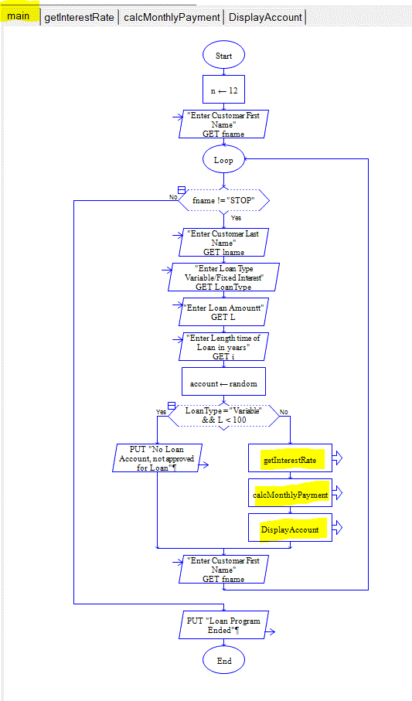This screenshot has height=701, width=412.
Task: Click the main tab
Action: pyautogui.click(x=20, y=16)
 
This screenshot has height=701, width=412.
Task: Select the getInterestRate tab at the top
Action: pyautogui.click(x=80, y=17)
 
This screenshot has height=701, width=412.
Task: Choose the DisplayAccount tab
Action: pyautogui.click(x=265, y=17)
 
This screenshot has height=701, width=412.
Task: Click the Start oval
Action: pyautogui.click(x=223, y=56)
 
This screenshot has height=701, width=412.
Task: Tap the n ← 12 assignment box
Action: pyautogui.click(x=223, y=90)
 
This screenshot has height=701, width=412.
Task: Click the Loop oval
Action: pyautogui.click(x=223, y=160)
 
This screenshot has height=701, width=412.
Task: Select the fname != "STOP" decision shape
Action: pyautogui.click(x=223, y=200)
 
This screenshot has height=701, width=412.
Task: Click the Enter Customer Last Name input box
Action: pyautogui.click(x=223, y=242)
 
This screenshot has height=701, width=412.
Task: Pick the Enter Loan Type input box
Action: pyautogui.click(x=223, y=277)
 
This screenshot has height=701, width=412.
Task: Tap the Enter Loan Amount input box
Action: pyautogui.click(x=223, y=311)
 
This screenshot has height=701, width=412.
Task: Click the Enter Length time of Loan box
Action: pyautogui.click(x=223, y=347)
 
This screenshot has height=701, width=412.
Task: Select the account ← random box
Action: pyautogui.click(x=223, y=383)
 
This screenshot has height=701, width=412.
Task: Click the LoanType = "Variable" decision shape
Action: pyautogui.click(x=223, y=416)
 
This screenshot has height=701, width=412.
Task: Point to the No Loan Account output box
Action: pyautogui.click(x=158, y=458)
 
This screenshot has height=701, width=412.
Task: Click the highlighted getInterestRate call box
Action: pyautogui.click(x=289, y=459)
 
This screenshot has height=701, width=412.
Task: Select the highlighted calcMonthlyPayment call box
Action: pyautogui.click(x=289, y=494)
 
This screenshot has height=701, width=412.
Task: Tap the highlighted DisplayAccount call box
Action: pyautogui.click(x=289, y=529)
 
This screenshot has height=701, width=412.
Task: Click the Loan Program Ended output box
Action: pyautogui.click(x=223, y=625)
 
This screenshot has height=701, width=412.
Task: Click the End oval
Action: pyautogui.click(x=223, y=661)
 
